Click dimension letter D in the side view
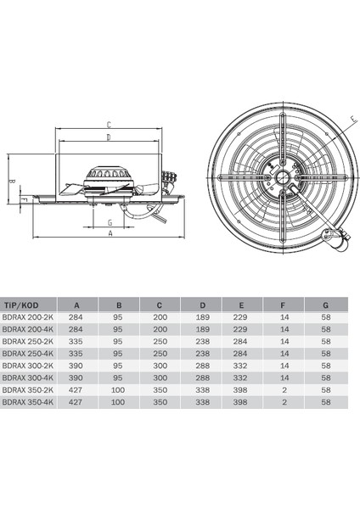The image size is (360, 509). click(109, 137)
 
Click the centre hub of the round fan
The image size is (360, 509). click(277, 178)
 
